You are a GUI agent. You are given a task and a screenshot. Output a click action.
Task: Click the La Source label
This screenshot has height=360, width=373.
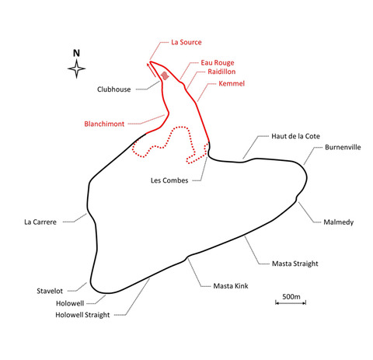click(x=186, y=42)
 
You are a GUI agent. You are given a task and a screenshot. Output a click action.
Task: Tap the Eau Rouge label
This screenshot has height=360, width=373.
click(x=218, y=63)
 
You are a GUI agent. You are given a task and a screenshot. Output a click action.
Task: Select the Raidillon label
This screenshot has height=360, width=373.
click(x=221, y=72)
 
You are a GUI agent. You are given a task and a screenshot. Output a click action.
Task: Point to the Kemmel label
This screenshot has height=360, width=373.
click(x=232, y=83)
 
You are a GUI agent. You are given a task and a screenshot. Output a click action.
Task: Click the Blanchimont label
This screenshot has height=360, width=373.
click(x=104, y=124)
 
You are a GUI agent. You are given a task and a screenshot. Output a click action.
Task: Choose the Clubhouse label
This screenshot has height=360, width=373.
click(x=113, y=89)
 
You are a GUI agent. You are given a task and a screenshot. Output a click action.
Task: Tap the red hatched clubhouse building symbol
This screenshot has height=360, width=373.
click(x=165, y=75)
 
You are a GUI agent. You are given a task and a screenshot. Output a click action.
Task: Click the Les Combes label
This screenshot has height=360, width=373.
click(x=169, y=180)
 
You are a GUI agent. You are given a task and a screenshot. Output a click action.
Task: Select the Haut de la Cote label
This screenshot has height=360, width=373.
click(x=295, y=136)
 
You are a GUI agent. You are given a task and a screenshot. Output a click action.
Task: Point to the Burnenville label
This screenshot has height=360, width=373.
click(x=343, y=148)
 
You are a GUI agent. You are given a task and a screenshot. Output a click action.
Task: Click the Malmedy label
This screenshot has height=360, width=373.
click(x=338, y=222)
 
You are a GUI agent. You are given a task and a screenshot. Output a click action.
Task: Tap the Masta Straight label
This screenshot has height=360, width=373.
click(x=295, y=264)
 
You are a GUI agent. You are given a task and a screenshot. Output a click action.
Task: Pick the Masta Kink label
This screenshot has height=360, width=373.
click(x=231, y=286)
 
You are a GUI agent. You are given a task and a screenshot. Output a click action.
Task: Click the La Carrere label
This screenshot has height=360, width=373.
click(x=40, y=222)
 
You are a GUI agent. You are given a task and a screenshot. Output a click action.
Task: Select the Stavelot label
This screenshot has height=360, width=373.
click(x=50, y=291)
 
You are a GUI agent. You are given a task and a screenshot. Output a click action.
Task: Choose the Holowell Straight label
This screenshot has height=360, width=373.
click(x=82, y=315)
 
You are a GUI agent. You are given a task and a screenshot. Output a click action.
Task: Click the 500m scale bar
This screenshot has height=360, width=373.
click(x=291, y=302)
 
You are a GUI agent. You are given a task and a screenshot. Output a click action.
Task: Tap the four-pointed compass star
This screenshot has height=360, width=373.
click(x=76, y=69)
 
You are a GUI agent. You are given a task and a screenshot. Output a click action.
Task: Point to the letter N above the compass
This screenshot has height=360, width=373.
click(x=76, y=54)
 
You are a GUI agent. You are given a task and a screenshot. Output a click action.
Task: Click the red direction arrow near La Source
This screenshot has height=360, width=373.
click(x=152, y=69)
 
